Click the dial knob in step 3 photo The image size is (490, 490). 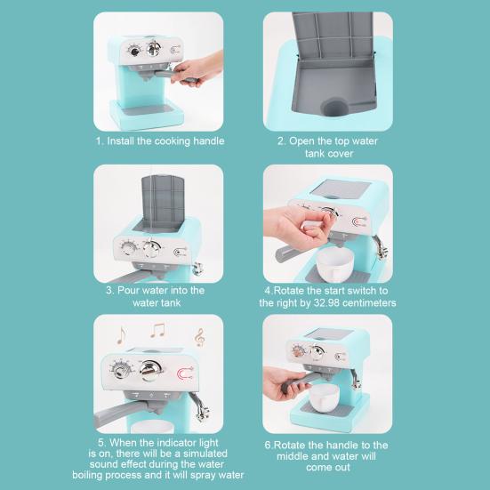click(129, 248)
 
